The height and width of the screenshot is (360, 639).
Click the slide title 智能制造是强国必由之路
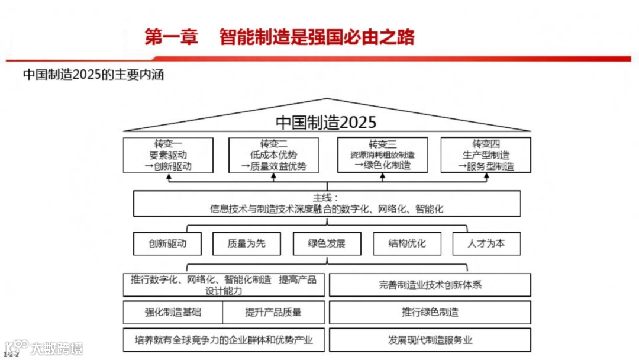click(x=317, y=37)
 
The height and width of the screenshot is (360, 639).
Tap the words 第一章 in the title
click(x=172, y=37)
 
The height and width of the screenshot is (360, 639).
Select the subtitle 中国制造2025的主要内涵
click(x=93, y=75)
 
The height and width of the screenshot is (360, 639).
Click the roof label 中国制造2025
click(x=326, y=123)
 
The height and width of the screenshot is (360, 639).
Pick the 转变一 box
click(x=168, y=155)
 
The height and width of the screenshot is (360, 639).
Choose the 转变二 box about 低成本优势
click(x=273, y=155)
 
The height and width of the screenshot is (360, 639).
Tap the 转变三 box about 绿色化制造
click(x=382, y=155)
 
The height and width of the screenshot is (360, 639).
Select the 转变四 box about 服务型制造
click(x=486, y=155)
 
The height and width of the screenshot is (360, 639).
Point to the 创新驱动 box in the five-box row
click(x=167, y=243)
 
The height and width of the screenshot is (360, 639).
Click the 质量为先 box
click(x=247, y=243)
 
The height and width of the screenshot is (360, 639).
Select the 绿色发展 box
click(x=327, y=243)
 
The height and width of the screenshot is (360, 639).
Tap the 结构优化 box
click(x=407, y=243)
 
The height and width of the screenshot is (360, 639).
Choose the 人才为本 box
click(x=486, y=243)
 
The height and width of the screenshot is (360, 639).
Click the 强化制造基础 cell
click(x=173, y=312)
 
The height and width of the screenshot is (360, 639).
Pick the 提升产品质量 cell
click(x=273, y=312)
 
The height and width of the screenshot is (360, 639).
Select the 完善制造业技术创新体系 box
click(x=430, y=285)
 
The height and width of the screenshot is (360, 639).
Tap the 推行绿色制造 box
click(x=430, y=312)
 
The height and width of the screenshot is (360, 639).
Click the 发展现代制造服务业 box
click(x=430, y=340)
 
